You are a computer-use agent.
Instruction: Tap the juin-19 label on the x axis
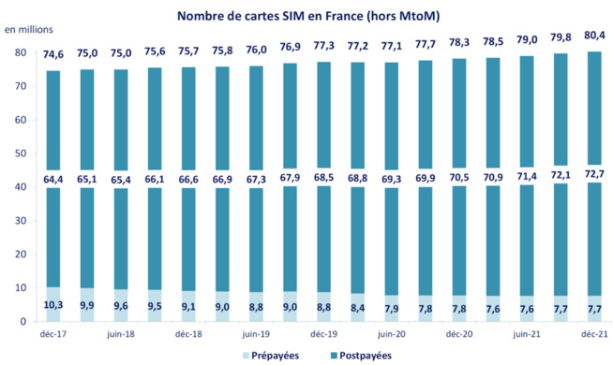pyautogui.click(x=257, y=334)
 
